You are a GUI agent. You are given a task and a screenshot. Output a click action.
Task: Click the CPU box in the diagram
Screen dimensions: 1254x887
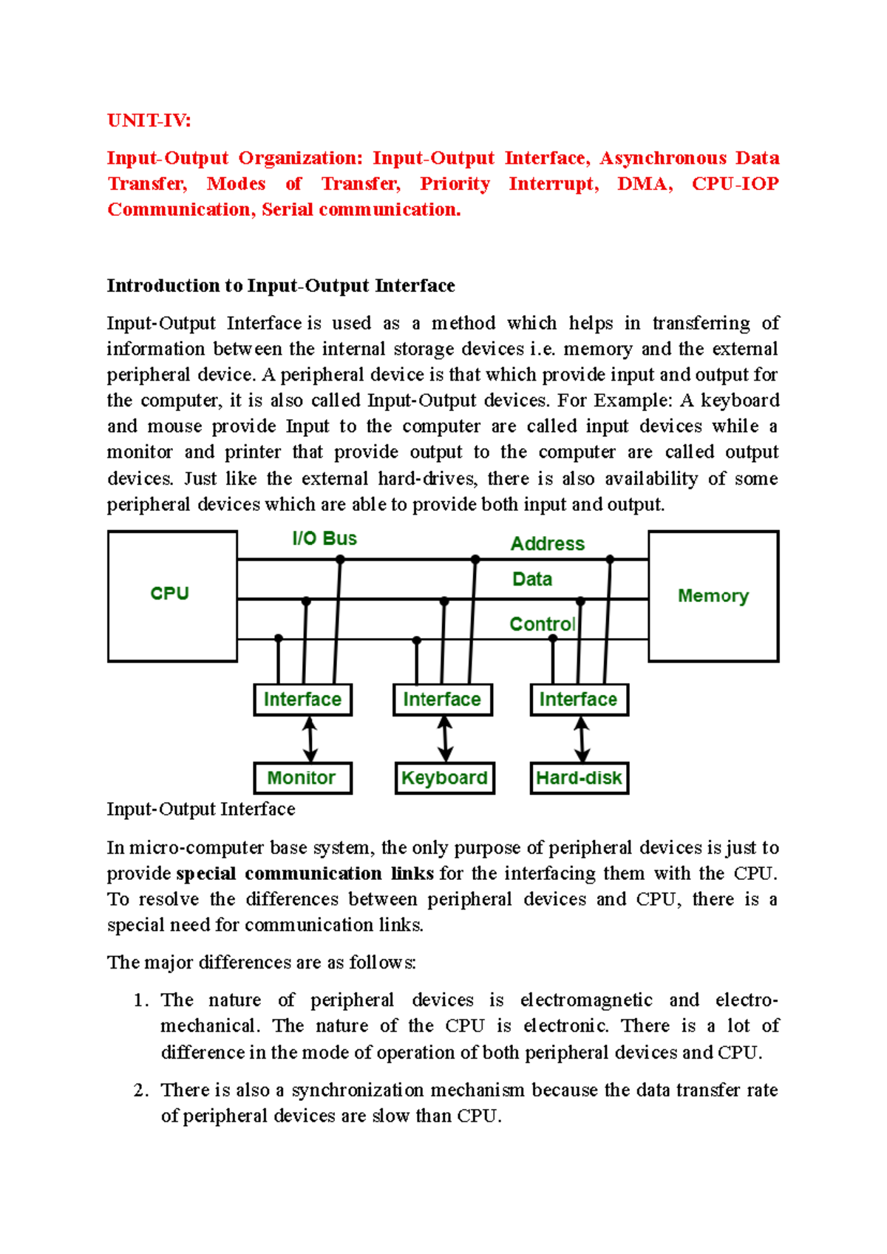coord(172,595)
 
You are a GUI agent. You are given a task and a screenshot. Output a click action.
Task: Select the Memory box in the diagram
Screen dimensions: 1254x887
coord(713,595)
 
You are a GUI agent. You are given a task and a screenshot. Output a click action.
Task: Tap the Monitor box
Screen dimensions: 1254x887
coord(302,778)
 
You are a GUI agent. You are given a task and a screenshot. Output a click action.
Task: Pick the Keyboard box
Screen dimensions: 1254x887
coord(444,778)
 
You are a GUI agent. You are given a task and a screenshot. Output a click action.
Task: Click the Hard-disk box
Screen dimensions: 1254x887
coord(579,778)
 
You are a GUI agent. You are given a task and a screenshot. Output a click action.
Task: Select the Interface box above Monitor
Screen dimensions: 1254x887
coord(302,699)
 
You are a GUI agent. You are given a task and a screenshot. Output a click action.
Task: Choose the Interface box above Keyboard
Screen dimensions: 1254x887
coord(442,699)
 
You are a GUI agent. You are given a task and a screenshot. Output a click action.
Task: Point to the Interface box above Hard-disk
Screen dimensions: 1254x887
coord(579,699)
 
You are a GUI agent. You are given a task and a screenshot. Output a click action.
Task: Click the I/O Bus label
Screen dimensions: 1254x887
coord(324,539)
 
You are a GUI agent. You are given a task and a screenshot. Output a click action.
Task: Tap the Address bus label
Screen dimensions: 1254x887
coord(547,544)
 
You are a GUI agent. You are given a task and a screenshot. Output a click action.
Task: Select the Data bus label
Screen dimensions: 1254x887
coord(532,579)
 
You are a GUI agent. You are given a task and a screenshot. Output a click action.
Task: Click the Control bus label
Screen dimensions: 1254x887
coord(542,624)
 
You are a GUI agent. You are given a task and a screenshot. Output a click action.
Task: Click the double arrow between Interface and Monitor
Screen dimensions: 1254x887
coord(310,739)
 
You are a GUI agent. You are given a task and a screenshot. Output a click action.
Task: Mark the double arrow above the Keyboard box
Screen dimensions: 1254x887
coord(445,739)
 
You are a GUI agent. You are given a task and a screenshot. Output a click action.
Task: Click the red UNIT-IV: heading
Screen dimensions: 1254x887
coord(149,121)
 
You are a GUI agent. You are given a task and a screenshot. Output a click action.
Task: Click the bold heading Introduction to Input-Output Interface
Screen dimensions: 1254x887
coord(280,286)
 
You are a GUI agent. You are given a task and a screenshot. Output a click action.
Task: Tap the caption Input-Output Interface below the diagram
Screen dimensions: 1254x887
coord(200,810)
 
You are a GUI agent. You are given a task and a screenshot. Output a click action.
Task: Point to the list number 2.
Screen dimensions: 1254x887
coord(141,1091)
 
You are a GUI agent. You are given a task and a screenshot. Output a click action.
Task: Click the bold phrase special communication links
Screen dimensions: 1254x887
coord(305,874)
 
